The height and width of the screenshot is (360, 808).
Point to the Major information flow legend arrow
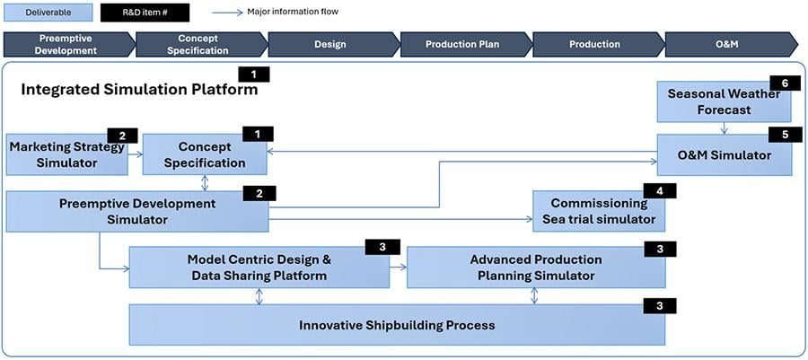coord(232,13)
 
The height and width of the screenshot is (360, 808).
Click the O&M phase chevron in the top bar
coord(729,44)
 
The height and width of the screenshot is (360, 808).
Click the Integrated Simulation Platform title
coord(139,90)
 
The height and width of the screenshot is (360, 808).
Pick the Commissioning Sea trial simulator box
coord(598,212)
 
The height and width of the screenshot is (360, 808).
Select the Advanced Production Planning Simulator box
coord(535,268)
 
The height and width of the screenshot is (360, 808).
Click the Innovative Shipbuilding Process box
coord(396,325)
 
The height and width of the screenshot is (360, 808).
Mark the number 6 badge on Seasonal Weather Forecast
coord(784,83)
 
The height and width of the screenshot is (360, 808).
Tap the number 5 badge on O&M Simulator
coord(784,134)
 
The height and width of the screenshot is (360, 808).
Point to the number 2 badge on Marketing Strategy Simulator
coord(122,136)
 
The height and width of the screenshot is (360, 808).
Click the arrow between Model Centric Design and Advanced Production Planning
coord(398,267)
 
